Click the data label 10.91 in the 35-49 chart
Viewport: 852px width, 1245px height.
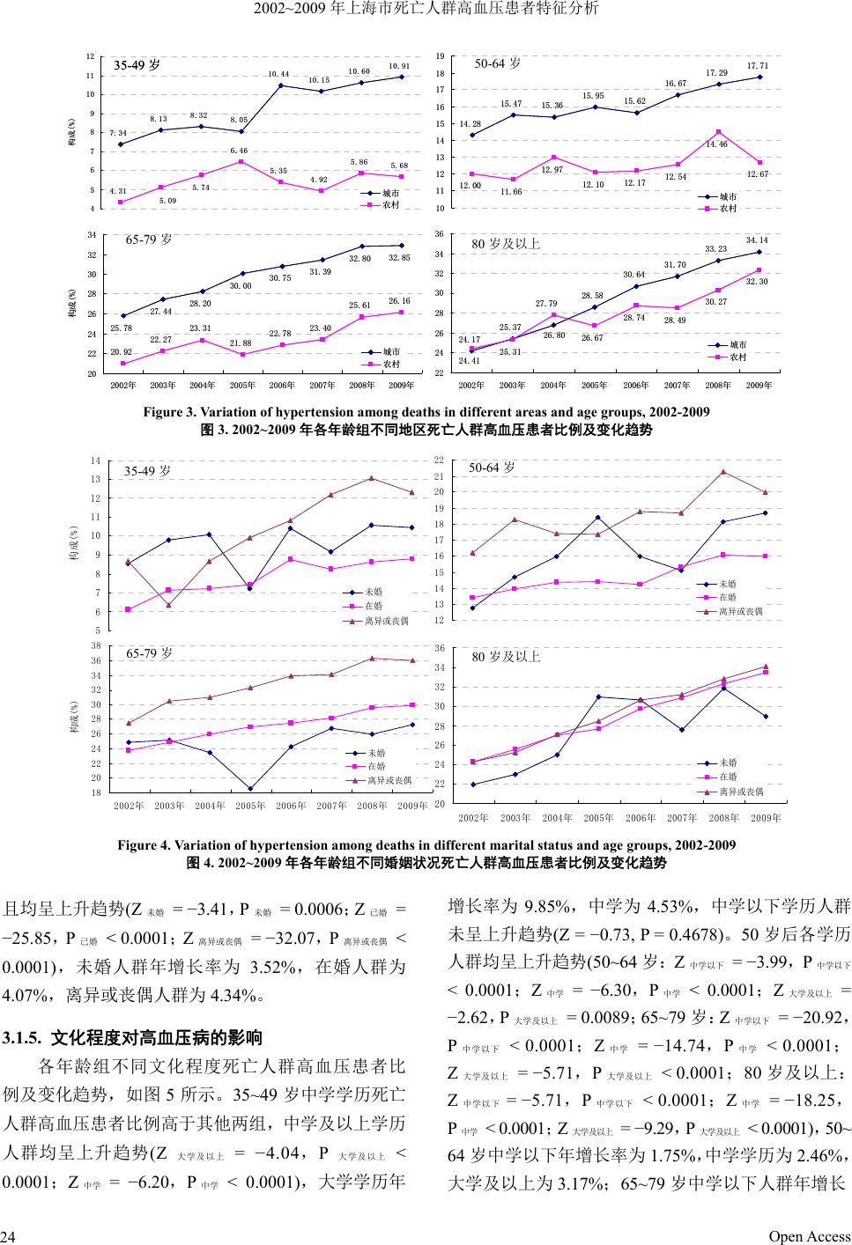coord(399,66)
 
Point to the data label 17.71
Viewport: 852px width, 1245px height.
coord(758,66)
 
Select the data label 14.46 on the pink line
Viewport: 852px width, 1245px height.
coord(717,144)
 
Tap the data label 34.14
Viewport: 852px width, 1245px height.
coord(757,239)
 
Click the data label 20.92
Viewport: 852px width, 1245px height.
coord(120,352)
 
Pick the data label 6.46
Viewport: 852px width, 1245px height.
coord(239,151)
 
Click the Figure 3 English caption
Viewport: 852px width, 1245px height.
coord(426,412)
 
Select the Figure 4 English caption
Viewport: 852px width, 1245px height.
coord(426,845)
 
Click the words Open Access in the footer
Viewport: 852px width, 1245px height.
coord(810,1236)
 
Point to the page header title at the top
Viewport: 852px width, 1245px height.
coord(426,9)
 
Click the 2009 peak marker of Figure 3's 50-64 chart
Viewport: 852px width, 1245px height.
coord(759,77)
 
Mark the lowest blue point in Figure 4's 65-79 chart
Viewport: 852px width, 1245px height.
coord(250,788)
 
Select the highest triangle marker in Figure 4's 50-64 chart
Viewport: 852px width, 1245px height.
coord(723,472)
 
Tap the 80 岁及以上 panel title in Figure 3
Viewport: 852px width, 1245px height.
coord(506,243)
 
